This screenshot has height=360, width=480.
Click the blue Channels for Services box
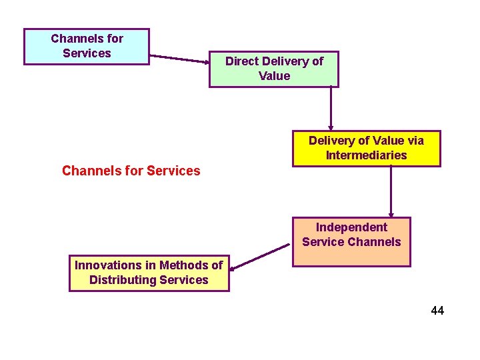coord(87,46)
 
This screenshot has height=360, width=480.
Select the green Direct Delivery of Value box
coord(274,69)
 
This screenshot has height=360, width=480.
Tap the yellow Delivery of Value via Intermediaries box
coord(366,148)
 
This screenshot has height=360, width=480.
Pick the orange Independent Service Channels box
coord(351,241)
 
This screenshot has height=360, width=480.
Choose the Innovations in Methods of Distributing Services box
coord(149,273)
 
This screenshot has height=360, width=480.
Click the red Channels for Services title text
coord(131,171)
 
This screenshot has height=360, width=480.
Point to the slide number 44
coord(437,311)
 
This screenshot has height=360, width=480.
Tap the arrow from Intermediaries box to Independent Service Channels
coord(391,192)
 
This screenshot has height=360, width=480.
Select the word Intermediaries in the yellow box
coord(366,155)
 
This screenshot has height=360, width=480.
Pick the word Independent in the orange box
coord(351,227)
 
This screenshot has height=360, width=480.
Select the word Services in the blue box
coord(87,53)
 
